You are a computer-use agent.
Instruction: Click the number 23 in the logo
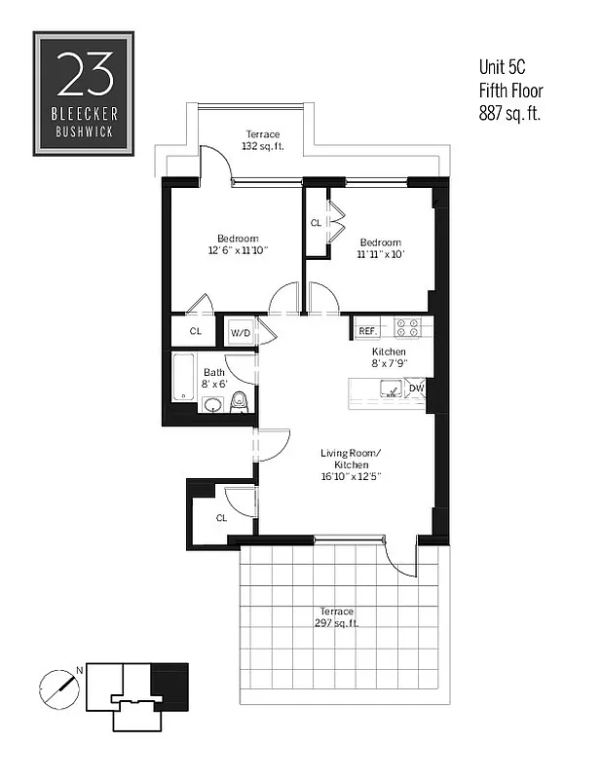(x=84, y=74)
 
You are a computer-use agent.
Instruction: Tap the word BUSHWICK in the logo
(x=84, y=129)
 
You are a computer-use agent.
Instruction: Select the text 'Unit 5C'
(x=503, y=68)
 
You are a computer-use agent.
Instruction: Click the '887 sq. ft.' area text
(x=508, y=113)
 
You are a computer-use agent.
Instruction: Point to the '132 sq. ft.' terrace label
(x=261, y=147)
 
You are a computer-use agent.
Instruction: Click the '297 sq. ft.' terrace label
(x=335, y=623)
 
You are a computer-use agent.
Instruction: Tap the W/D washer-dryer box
(x=241, y=332)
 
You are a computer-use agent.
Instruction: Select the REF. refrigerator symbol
(x=367, y=331)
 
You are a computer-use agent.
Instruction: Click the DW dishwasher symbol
(x=417, y=389)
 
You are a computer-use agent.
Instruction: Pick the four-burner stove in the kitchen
(x=408, y=328)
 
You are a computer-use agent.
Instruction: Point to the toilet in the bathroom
(x=243, y=402)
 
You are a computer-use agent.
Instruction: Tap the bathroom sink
(x=213, y=405)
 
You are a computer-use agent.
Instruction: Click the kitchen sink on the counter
(x=391, y=390)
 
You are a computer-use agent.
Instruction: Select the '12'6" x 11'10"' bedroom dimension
(x=238, y=251)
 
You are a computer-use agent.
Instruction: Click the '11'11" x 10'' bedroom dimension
(x=379, y=254)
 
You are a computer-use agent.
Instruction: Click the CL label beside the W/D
(x=196, y=331)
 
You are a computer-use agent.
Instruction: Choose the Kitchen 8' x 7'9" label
(x=388, y=357)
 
